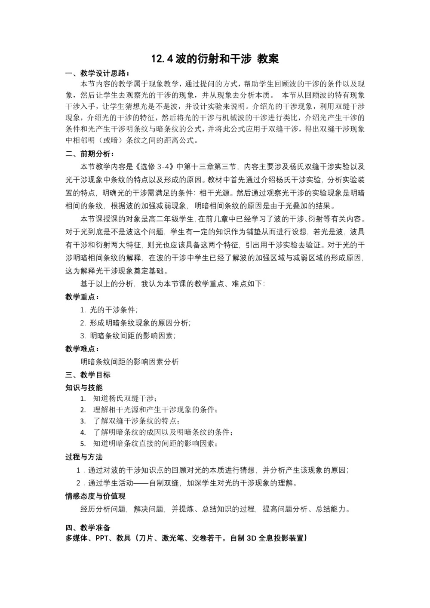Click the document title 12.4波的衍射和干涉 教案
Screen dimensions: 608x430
coord(215,59)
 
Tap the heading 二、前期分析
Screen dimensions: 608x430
coord(89,154)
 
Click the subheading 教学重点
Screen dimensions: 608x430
coord(82,297)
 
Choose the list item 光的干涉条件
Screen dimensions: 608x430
coord(113,310)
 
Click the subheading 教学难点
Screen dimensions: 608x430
coord(82,349)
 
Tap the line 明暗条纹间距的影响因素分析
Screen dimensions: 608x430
coord(129,362)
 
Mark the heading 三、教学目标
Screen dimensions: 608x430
coord(88,375)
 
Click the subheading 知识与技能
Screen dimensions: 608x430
coord(84,387)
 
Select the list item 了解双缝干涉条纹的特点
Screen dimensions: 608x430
coord(136,421)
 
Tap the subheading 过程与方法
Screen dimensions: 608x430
coord(84,457)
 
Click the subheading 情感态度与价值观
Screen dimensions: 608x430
coord(95,496)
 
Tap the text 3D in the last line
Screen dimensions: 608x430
coord(252,537)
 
